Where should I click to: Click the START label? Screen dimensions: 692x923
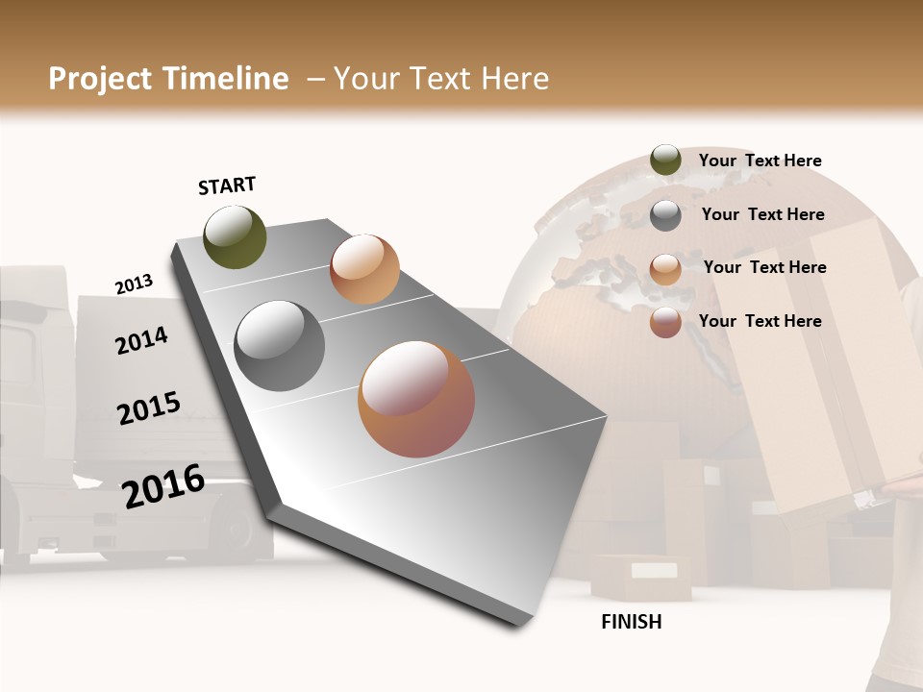[227, 185]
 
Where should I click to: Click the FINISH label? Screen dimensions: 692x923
[632, 622]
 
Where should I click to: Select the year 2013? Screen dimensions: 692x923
[134, 284]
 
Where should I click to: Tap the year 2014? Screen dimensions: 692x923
[141, 340]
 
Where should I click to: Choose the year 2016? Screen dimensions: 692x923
[163, 485]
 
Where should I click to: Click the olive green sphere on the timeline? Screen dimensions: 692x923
[236, 237]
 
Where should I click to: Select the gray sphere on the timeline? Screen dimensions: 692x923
[280, 346]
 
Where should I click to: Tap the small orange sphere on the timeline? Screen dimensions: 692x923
[364, 269]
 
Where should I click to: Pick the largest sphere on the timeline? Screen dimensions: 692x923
[416, 399]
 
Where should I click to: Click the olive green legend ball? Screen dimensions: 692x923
[665, 161]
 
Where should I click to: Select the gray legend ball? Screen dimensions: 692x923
[665, 215]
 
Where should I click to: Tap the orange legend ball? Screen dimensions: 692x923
[665, 269]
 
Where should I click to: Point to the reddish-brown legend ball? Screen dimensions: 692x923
[665, 322]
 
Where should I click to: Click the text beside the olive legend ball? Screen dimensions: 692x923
[760, 161]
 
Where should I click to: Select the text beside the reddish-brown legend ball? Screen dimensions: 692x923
[760, 321]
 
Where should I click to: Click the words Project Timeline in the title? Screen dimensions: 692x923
[168, 79]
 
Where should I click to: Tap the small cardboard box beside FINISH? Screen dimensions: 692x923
[639, 577]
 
